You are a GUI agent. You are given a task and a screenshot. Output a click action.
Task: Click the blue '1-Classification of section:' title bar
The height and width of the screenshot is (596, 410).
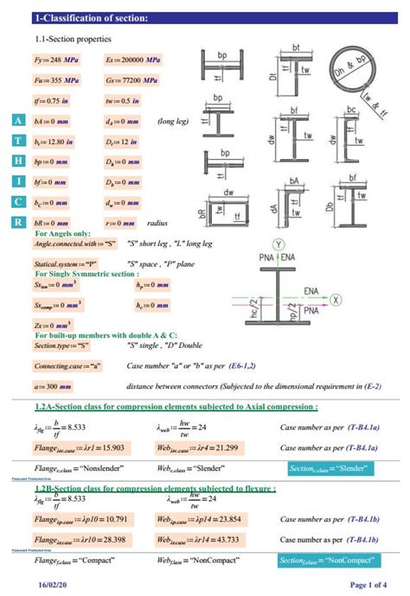pyautogui.click(x=205, y=18)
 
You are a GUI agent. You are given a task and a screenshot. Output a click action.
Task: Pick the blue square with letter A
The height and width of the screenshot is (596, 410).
pyautogui.click(x=19, y=122)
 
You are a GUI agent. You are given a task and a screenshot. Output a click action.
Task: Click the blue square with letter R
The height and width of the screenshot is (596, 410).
pyautogui.click(x=19, y=221)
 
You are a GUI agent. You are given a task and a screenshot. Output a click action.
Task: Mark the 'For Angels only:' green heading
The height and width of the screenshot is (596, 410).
pyautogui.click(x=63, y=233)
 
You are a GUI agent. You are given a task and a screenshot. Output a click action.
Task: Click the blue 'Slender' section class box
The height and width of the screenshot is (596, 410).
pyautogui.click(x=332, y=469)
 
